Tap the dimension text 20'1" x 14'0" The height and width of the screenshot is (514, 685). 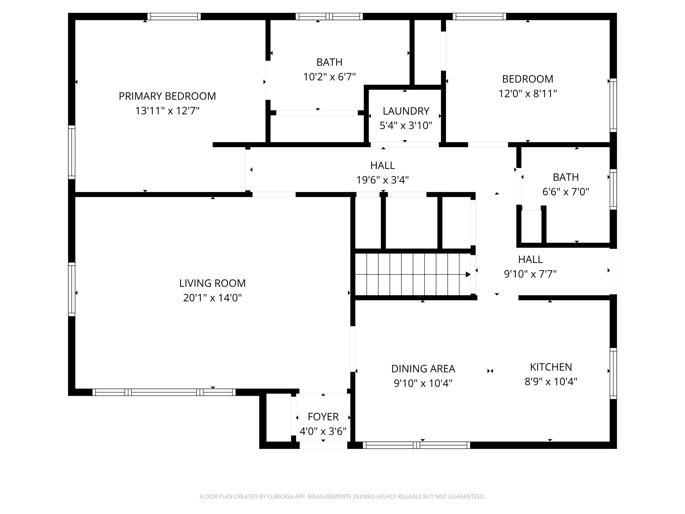click(x=212, y=298)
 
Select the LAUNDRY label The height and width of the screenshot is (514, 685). click(x=406, y=111)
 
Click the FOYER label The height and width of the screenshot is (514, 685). click(x=323, y=417)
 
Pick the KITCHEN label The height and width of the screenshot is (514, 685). click(x=551, y=367)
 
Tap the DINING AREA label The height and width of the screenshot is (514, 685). click(x=423, y=369)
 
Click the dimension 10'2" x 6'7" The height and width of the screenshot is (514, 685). click(x=329, y=77)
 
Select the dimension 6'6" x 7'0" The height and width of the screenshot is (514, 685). click(x=566, y=192)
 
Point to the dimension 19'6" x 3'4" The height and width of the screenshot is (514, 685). click(x=382, y=180)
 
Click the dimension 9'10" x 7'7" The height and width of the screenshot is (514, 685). click(x=530, y=274)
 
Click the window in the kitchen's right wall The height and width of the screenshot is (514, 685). click(x=613, y=373)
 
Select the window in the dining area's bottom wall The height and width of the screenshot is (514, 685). click(x=416, y=445)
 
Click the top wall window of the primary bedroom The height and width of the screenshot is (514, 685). click(x=174, y=16)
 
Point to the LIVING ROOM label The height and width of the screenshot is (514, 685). click(x=212, y=283)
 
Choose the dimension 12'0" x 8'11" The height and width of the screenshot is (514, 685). click(x=528, y=94)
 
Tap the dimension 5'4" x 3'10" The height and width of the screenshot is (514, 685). click(x=406, y=125)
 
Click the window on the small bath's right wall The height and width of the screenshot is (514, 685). click(x=613, y=189)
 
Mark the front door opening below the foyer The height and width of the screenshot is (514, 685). click(x=323, y=445)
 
